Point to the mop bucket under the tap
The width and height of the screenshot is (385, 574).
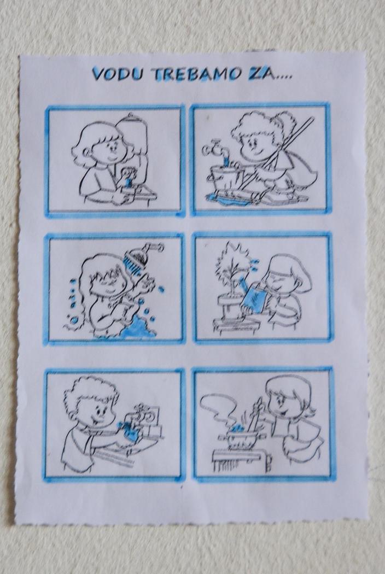point(223,179)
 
